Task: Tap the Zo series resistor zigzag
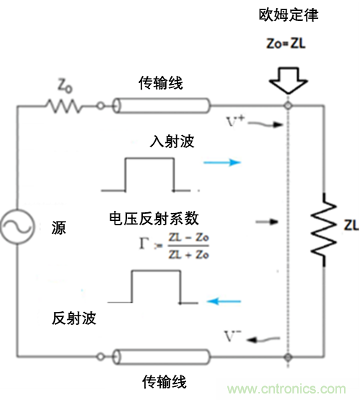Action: [x=63, y=106]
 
